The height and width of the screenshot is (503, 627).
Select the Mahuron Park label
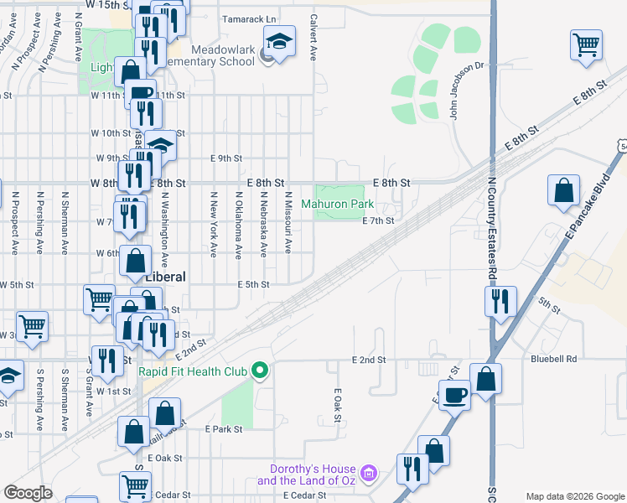click(338, 204)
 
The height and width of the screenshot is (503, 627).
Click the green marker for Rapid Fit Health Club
click(260, 370)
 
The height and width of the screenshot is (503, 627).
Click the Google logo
click(28, 493)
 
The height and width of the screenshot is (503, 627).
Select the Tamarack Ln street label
click(248, 18)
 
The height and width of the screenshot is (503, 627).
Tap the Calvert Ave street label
click(313, 37)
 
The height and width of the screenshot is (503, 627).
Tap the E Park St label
click(223, 429)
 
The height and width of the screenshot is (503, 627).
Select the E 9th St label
click(226, 158)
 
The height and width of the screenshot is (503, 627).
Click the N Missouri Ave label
click(288, 223)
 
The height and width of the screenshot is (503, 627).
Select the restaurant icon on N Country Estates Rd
click(501, 301)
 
